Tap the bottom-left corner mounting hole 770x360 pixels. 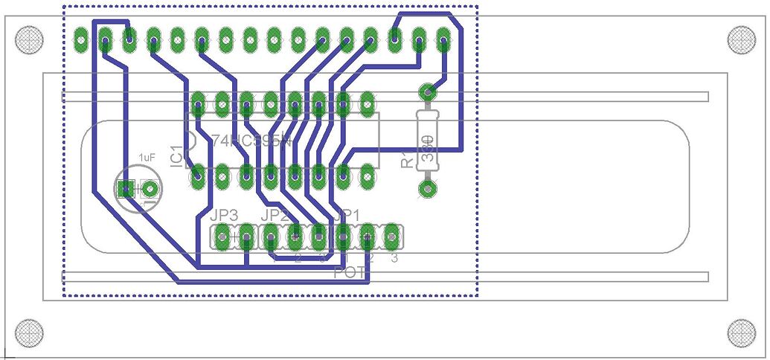coord(29,332)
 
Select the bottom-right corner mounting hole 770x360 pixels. coord(741,332)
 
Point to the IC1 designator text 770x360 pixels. coord(176,156)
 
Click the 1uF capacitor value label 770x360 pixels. coord(147,157)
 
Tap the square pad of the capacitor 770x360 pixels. coord(127,189)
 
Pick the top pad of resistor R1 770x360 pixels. coord(427,93)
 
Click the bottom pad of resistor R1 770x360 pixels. coord(427,187)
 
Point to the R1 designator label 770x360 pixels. coord(405,158)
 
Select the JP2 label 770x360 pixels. coord(275,215)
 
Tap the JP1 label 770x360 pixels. coord(347,215)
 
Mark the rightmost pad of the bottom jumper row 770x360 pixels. coord(391,237)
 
